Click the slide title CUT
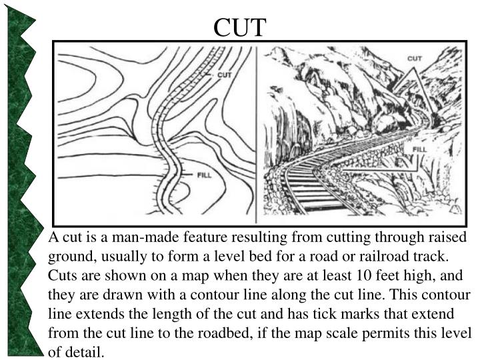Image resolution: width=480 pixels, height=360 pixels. pyautogui.click(x=240, y=27)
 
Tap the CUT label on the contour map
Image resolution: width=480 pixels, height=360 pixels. pyautogui.click(x=224, y=75)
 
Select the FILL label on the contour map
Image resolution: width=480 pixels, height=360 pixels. pyautogui.click(x=206, y=175)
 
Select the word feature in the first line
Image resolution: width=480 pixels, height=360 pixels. pyautogui.click(x=186, y=237)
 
